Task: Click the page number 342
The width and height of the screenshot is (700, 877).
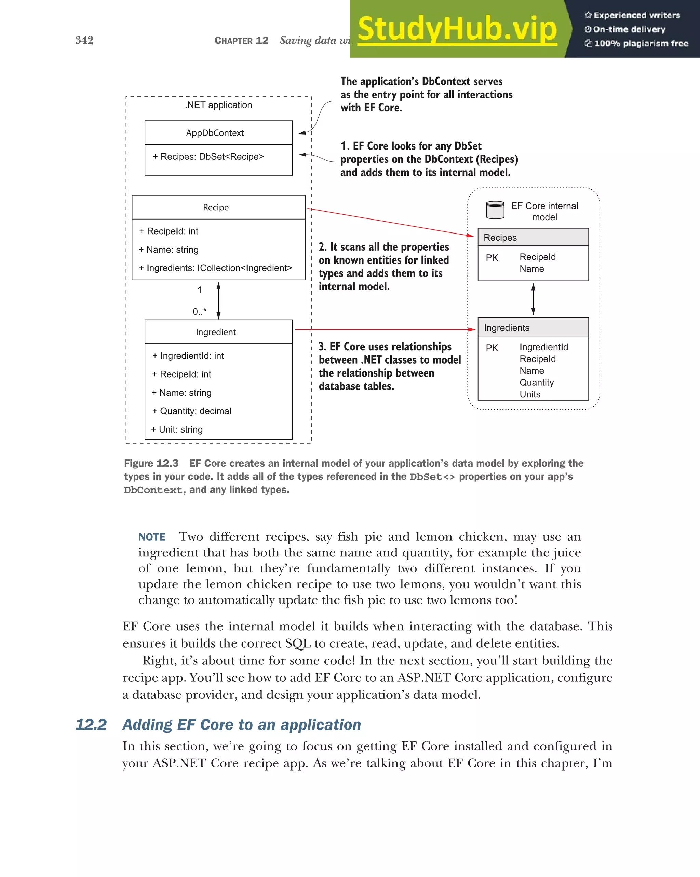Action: [84, 40]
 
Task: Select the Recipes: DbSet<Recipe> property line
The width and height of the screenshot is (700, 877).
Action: [208, 157]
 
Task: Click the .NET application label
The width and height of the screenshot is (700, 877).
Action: [219, 105]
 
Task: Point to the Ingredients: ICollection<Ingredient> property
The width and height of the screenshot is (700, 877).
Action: [215, 268]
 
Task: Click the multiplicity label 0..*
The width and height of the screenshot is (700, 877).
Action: [200, 312]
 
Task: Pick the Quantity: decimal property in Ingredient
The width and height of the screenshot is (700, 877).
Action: [191, 411]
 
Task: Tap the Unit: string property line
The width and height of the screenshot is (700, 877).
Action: [177, 429]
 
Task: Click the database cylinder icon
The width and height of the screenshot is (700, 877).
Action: [495, 210]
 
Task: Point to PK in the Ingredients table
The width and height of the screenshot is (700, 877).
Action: [492, 348]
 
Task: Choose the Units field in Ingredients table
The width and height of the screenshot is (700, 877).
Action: [530, 394]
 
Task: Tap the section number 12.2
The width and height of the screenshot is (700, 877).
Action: [91, 724]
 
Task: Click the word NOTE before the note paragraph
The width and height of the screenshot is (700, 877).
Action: [152, 537]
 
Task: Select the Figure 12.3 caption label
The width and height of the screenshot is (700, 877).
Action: [151, 463]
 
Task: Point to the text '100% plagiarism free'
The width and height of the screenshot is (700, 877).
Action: [641, 43]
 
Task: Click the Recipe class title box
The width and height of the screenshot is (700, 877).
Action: [216, 208]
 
